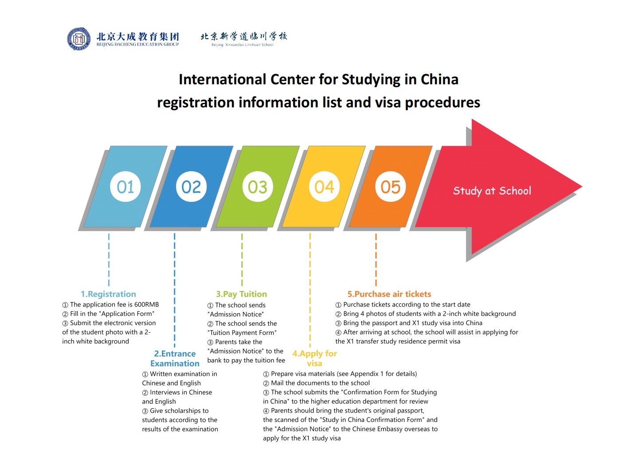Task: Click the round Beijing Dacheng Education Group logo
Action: [78, 39]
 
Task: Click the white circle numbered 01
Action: [125, 187]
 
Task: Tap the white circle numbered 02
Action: [192, 187]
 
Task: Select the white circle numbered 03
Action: [258, 187]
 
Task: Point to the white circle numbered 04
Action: [324, 187]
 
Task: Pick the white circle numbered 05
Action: [390, 187]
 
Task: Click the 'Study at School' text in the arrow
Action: [492, 191]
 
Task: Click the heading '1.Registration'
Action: [108, 294]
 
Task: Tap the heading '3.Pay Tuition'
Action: [241, 294]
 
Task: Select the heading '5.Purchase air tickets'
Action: [389, 294]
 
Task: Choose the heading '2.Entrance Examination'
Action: [175, 358]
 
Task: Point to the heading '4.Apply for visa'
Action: [314, 358]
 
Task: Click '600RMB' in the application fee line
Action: [146, 305]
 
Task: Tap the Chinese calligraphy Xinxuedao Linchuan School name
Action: [243, 36]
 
